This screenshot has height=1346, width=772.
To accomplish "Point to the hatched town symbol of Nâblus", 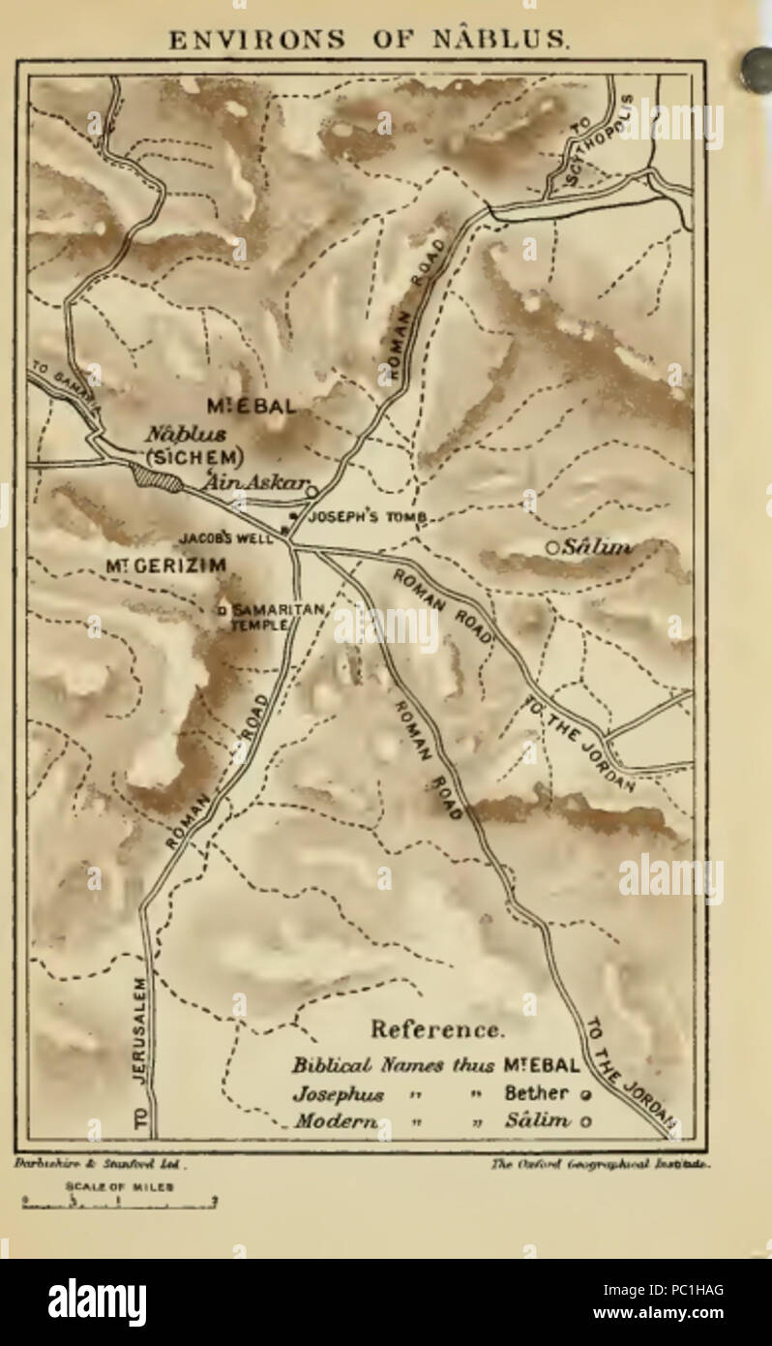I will [156, 477].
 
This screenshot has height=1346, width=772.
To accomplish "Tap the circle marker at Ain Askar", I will [312, 492].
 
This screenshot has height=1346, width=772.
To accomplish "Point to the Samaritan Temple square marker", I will [222, 610].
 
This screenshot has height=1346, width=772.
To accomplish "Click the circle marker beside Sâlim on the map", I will [551, 548].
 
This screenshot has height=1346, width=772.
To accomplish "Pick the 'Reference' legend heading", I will [437, 1028].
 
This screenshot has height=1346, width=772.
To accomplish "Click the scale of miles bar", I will [121, 1205].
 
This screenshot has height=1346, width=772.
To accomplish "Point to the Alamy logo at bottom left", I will [97, 1301].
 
